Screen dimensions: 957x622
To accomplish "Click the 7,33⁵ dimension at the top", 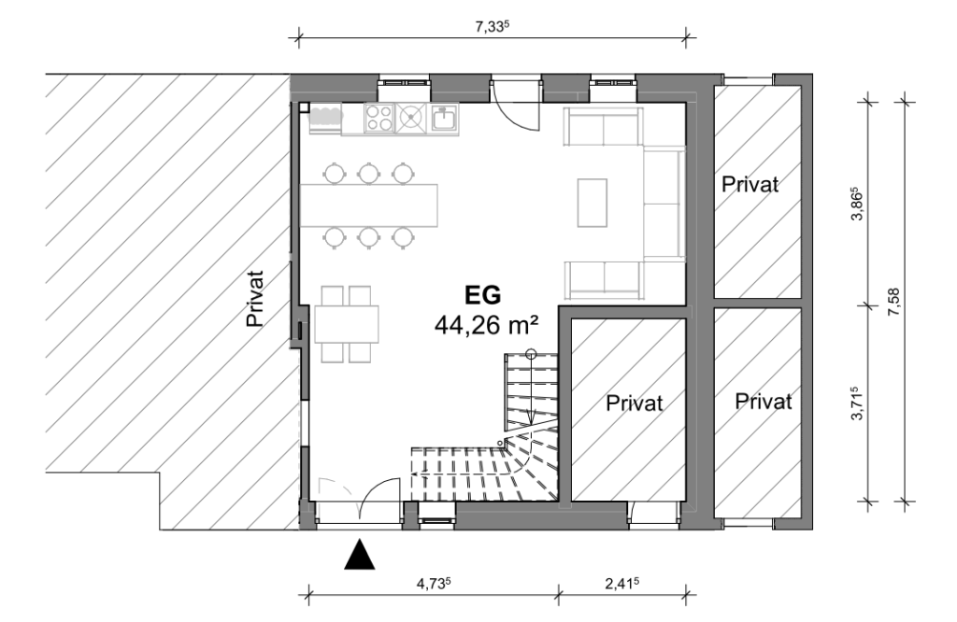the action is tap(492, 27).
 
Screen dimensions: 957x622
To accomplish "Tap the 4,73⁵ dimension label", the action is tap(434, 583).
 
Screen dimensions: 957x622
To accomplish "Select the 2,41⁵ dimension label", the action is tap(621, 583).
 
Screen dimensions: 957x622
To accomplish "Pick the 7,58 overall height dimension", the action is tap(894, 302).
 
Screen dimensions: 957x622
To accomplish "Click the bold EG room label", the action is tap(483, 295).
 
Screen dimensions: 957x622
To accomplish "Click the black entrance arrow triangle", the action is tap(360, 555).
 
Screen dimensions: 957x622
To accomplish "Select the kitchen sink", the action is tap(444, 118).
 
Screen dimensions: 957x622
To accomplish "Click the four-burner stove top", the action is tap(379, 118).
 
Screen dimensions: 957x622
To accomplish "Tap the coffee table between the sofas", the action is tap(592, 203).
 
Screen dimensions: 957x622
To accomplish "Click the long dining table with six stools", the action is tap(369, 205).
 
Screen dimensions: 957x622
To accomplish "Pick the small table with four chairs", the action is tap(346, 324).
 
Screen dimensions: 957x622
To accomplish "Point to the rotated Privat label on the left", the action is tap(255, 299).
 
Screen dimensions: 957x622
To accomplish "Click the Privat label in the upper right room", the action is tap(750, 184).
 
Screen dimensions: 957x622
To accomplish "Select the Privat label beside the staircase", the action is tap(635, 403).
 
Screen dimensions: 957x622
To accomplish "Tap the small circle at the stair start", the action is tap(531, 352).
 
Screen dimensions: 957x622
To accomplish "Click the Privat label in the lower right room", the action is tap(764, 402).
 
